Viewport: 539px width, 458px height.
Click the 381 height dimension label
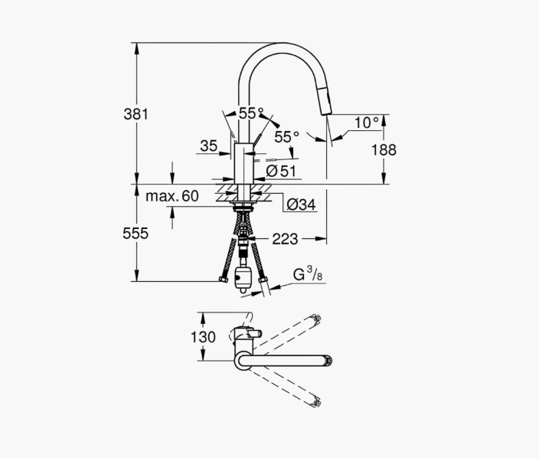pyautogui.click(x=136, y=114)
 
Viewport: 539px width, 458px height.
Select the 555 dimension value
pyautogui.click(x=136, y=234)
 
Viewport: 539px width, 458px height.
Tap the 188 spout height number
pyautogui.click(x=384, y=150)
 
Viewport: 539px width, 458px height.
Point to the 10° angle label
pyautogui.click(x=367, y=123)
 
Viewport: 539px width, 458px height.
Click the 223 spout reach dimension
pyautogui.click(x=285, y=239)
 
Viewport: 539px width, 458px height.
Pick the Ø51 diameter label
pyautogui.click(x=281, y=171)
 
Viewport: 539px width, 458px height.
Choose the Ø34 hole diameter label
pyautogui.click(x=301, y=205)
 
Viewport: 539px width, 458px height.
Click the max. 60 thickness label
pyautogui.click(x=172, y=196)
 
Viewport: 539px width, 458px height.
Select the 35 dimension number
pyautogui.click(x=209, y=146)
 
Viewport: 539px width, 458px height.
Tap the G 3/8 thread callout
pyautogui.click(x=308, y=274)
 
